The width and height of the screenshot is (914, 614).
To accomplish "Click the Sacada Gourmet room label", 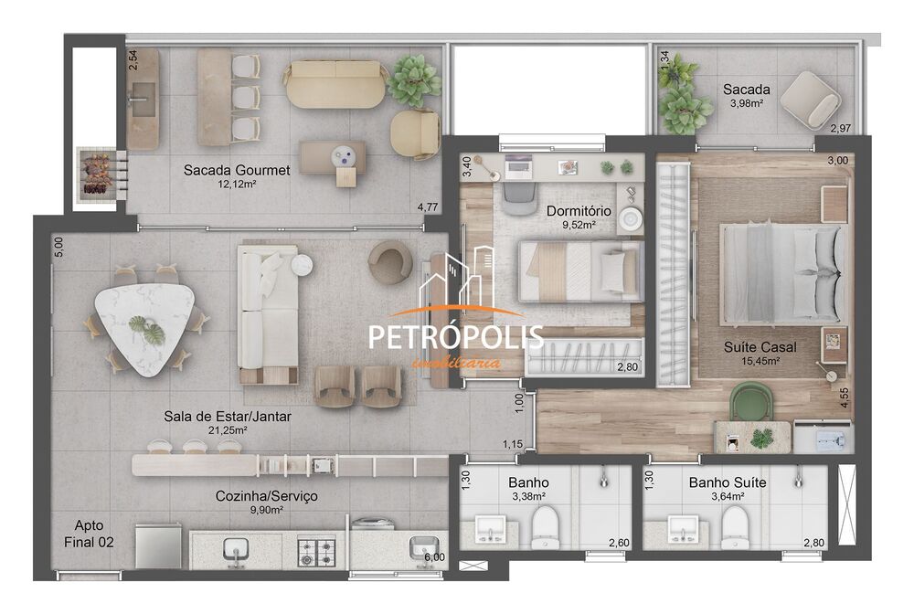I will [x=237, y=170].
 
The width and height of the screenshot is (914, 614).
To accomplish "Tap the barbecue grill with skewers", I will [x=96, y=171].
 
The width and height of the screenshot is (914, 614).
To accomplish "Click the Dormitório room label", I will [x=579, y=211].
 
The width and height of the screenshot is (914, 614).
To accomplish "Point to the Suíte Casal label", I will [x=760, y=347].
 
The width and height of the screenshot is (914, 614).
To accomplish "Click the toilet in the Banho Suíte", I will [x=735, y=526].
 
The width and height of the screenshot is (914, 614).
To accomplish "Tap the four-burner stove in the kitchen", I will [x=319, y=549].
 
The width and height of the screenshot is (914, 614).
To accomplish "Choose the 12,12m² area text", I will [x=237, y=185].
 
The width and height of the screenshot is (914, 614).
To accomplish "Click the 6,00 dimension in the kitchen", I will [x=434, y=556].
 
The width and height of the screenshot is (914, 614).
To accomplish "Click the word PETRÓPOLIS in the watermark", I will [x=455, y=336].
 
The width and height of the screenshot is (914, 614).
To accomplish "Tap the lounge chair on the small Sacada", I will [x=811, y=98].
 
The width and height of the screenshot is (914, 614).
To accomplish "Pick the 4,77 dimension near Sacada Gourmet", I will [x=427, y=207].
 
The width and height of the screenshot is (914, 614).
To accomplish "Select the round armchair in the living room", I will [x=390, y=262].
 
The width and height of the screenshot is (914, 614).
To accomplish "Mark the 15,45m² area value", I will [x=760, y=362].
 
